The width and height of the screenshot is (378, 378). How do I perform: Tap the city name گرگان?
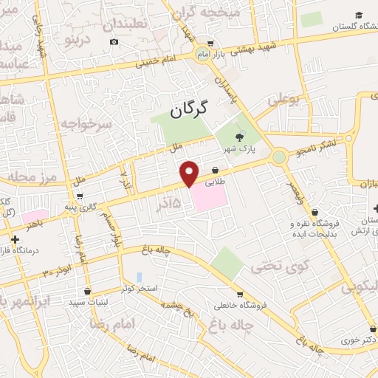pos(189,109)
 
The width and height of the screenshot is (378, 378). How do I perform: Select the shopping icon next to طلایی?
pos(215,169)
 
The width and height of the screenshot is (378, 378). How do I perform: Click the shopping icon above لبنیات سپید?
pos(88,291)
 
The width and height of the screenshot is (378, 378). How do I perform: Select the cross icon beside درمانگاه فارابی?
pos(16,239)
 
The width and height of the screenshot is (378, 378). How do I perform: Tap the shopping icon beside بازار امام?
pos(210,43)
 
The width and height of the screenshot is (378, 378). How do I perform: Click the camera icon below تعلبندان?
pos(113,41)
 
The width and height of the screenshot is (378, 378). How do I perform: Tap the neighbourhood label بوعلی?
pos(284,100)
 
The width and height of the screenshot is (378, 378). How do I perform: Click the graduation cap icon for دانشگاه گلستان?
pos(358,16)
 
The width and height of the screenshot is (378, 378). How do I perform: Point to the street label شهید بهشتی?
pos(251,50)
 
